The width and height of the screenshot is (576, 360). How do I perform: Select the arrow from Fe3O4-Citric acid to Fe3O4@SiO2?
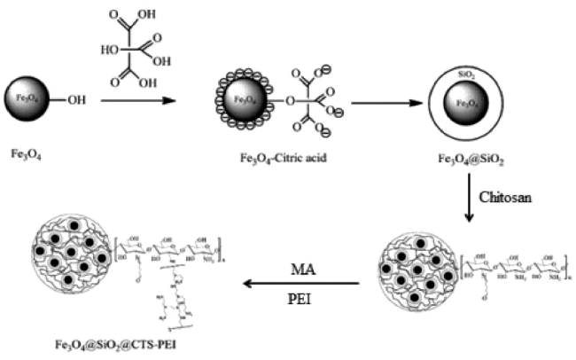click(391, 102)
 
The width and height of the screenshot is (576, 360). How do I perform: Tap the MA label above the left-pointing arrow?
click(301, 267)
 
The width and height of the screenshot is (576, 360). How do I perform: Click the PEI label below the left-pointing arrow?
click(302, 299)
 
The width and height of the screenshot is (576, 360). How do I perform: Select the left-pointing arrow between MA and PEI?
click(301, 284)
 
